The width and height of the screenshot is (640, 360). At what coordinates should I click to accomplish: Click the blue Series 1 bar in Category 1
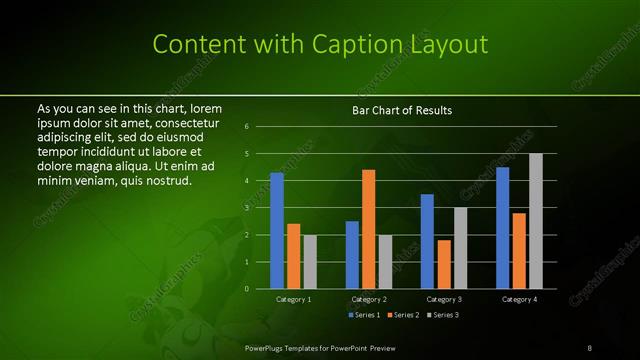pyautogui.click(x=277, y=230)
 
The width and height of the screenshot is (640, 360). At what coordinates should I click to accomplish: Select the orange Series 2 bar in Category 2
pyautogui.click(x=368, y=229)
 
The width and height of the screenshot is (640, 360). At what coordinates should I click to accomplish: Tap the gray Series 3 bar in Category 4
pyautogui.click(x=535, y=221)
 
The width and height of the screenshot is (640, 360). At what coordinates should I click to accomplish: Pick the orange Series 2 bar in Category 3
pyautogui.click(x=443, y=264)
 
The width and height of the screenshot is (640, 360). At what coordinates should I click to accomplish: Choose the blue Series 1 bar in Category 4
pyautogui.click(x=502, y=227)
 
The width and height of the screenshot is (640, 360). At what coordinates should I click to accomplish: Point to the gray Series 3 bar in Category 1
pyautogui.click(x=309, y=262)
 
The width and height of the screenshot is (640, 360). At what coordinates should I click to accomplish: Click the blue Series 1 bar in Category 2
pyautogui.click(x=352, y=254)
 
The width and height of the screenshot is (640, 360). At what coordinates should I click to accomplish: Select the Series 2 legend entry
pyautogui.click(x=403, y=315)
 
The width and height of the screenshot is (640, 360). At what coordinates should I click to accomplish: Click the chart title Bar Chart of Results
pyautogui.click(x=402, y=109)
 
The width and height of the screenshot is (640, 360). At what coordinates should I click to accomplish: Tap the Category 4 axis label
pyautogui.click(x=519, y=299)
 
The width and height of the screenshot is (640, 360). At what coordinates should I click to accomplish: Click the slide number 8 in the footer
pyautogui.click(x=590, y=347)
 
